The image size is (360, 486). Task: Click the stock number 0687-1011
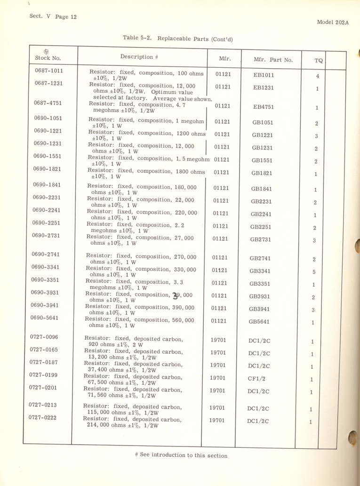[49, 71]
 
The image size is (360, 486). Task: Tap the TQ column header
[319, 60]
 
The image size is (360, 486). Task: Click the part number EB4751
[263, 107]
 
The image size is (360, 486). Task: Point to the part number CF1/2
[257, 379]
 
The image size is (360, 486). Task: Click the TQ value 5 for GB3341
[314, 272]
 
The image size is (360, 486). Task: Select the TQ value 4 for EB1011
[318, 76]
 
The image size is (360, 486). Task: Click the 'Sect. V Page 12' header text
[53, 16]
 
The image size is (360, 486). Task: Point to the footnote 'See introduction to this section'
[181, 455]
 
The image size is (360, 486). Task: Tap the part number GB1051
[262, 123]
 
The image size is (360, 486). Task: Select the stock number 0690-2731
[46, 235]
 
